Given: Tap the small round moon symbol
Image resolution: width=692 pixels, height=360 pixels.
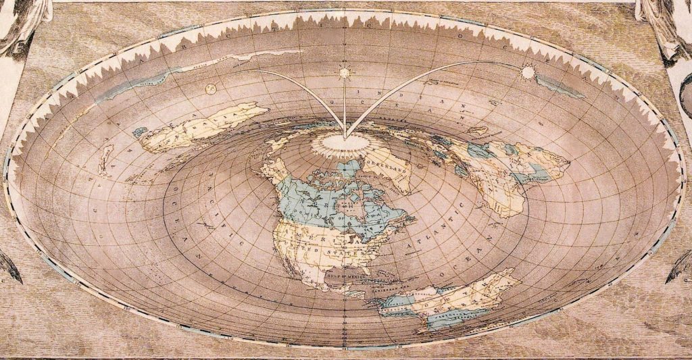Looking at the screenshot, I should (209, 87).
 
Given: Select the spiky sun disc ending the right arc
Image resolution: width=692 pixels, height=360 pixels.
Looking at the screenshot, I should (526, 70).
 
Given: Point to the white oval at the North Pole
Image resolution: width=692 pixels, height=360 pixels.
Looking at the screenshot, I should (345, 142).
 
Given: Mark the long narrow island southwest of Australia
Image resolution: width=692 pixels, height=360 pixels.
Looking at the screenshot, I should (105, 159).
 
